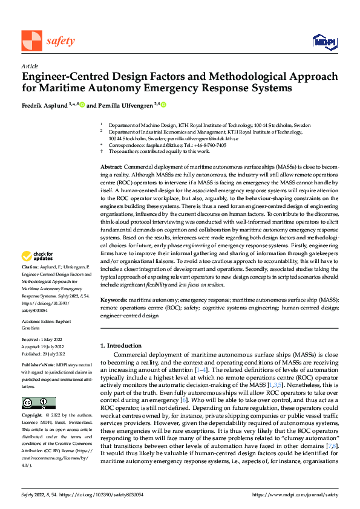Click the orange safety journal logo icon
31,41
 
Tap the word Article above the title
30,66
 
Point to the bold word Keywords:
114,300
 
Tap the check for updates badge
39,273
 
